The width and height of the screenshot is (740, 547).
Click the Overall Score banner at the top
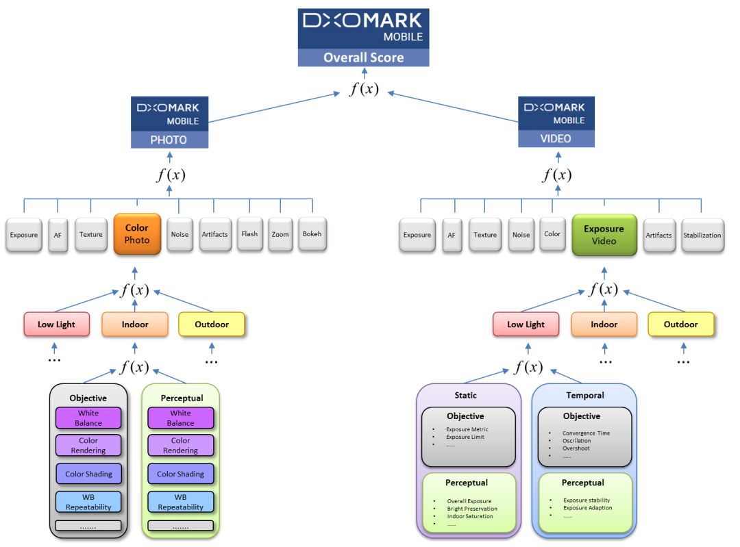pos(363,58)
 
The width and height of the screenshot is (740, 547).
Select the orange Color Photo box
pos(137,234)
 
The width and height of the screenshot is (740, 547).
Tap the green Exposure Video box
pos(604,234)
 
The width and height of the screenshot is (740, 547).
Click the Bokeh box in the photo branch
pos(312,234)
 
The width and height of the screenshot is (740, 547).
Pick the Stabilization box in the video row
pos(702,236)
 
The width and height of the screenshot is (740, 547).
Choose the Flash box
pos(249,234)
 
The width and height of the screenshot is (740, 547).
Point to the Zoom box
pos(281,234)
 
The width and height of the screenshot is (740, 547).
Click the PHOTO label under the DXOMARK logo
pos(169,140)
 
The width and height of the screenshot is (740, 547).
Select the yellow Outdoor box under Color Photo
pos(211,325)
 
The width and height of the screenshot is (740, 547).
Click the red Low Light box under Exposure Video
pos(526,325)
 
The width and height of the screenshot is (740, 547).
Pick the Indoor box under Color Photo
pos(135,325)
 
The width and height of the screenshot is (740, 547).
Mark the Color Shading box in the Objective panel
pos(88,474)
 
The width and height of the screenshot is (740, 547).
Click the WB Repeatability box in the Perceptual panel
pos(181,502)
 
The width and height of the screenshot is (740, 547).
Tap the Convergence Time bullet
pos(586,433)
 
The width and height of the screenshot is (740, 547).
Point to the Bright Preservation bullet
pos(472,509)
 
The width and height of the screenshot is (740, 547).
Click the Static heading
pos(465,395)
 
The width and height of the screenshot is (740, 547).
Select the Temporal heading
pos(584,395)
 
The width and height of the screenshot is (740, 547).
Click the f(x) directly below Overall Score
pos(364,88)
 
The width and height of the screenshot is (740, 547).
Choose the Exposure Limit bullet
pos(466,437)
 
